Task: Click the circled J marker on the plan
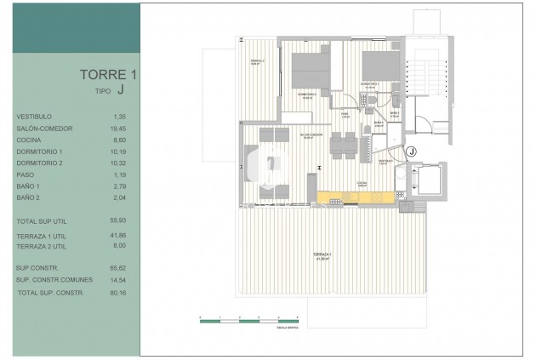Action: point(411,151)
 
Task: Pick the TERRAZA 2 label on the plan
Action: point(256,62)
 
